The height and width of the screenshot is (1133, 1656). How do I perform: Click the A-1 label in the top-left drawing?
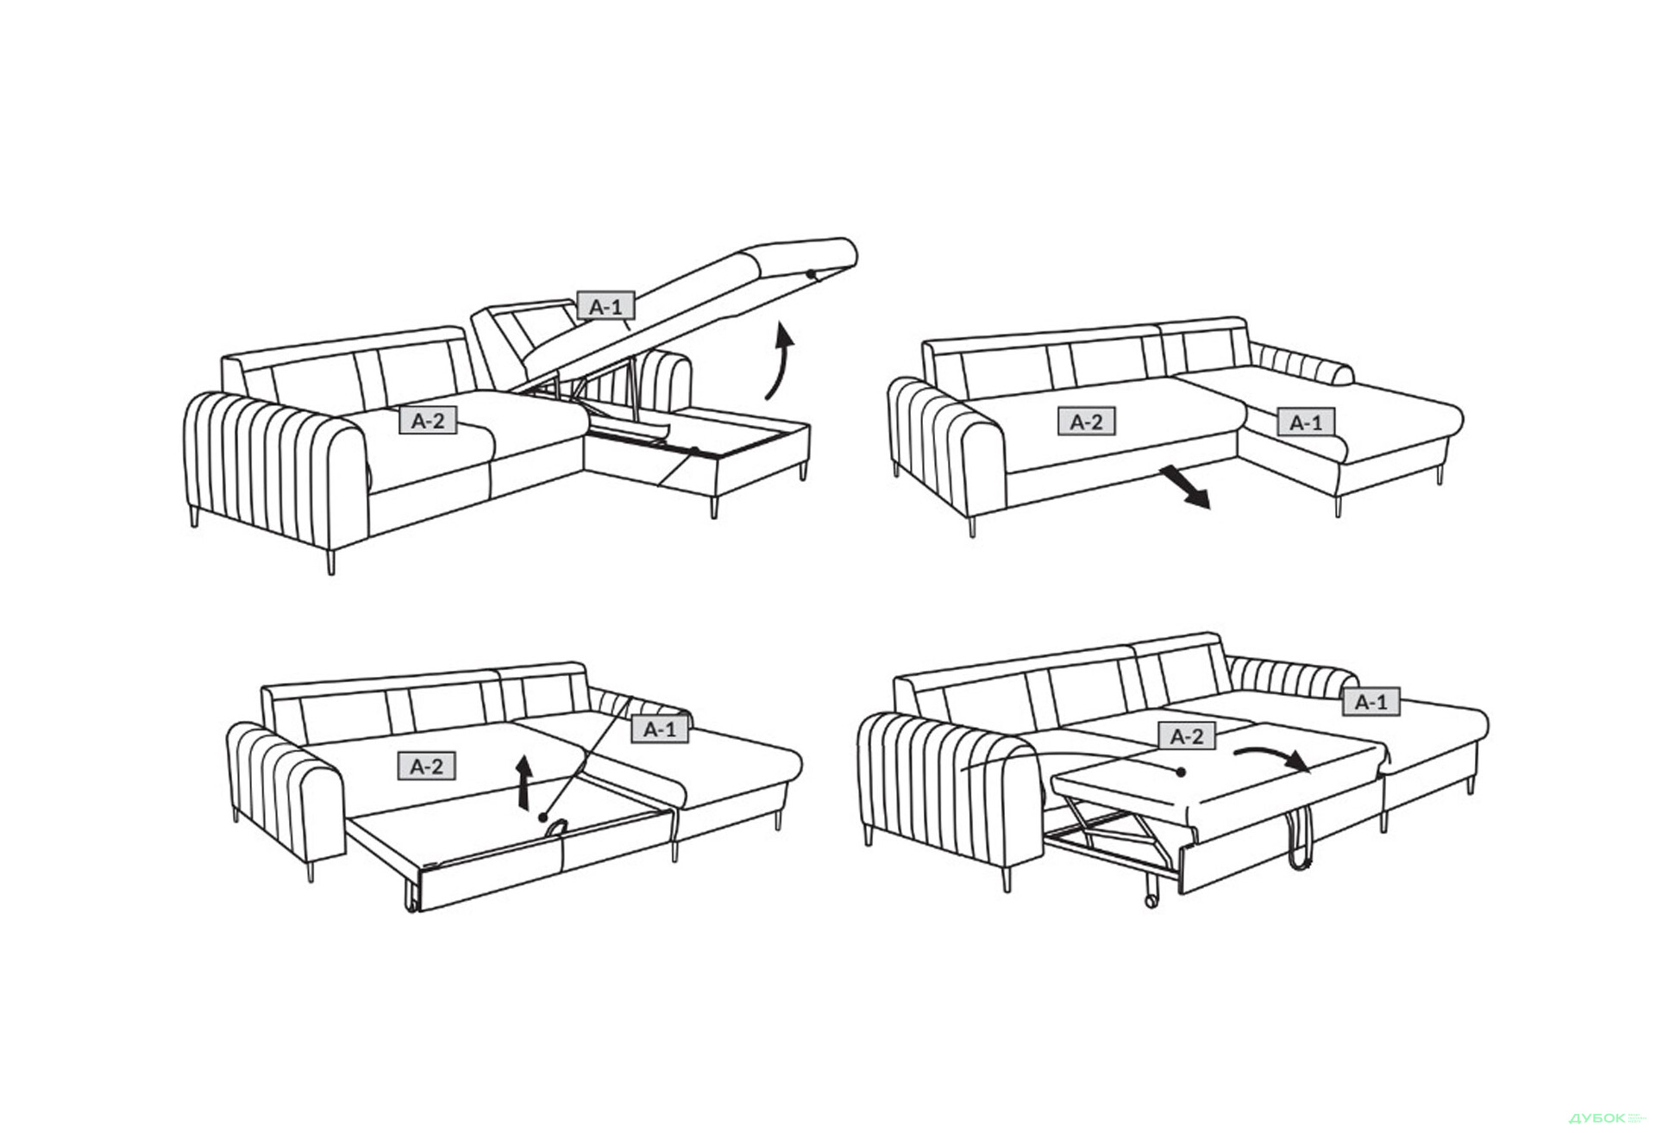[x=605, y=306]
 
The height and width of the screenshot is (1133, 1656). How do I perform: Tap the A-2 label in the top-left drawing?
[x=428, y=421]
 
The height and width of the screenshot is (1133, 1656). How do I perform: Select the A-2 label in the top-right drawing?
[x=1087, y=422]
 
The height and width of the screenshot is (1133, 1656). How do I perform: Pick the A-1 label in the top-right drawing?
[x=1306, y=423]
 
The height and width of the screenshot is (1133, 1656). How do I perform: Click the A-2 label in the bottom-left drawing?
[x=427, y=766]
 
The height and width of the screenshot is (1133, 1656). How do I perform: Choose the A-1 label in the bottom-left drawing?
[x=661, y=729]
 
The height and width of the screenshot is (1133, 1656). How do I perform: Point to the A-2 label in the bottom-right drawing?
[x=1187, y=736]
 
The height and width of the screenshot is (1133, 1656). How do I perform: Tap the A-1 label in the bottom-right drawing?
[x=1371, y=702]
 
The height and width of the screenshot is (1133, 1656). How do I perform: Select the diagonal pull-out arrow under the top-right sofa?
[x=1185, y=487]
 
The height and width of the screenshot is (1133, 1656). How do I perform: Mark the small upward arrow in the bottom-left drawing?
[x=524, y=783]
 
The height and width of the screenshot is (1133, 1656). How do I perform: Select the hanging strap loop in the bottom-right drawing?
[x=1299, y=840]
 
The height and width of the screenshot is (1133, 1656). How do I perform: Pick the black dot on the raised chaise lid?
[x=811, y=274]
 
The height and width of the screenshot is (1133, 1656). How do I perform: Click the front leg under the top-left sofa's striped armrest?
[x=330, y=562]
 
